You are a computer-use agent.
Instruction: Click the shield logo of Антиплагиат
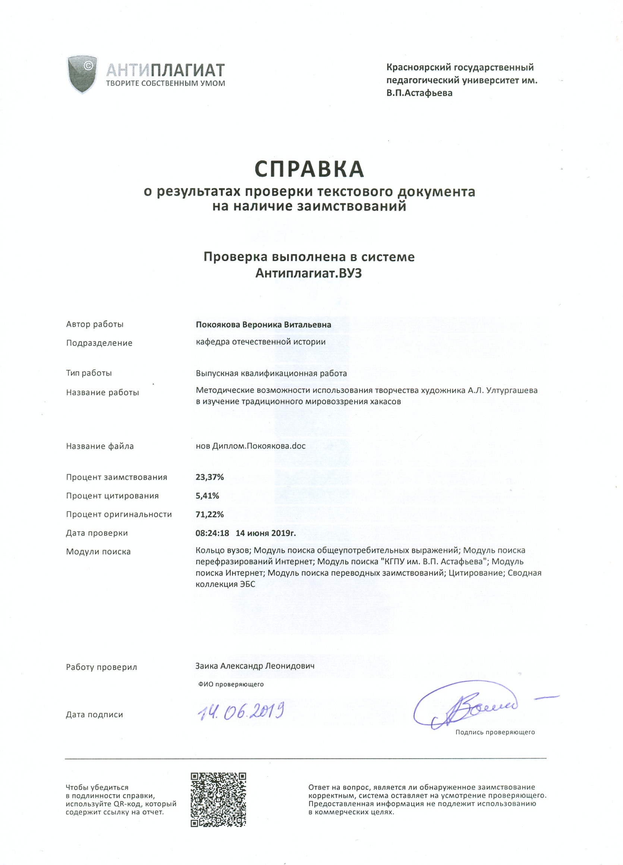82,74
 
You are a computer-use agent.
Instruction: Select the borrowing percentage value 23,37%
210,477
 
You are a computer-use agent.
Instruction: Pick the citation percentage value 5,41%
207,496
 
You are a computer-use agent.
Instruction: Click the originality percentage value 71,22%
210,514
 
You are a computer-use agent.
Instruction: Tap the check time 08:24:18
212,533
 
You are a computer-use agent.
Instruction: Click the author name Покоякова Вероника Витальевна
263,325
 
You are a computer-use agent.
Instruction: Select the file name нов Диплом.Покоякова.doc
250,446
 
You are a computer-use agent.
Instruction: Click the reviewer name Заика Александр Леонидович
255,665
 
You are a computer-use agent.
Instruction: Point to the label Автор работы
95,324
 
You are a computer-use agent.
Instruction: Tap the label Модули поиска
98,552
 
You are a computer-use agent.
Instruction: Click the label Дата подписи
94,714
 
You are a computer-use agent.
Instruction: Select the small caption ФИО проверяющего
231,684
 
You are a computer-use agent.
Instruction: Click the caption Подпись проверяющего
495,732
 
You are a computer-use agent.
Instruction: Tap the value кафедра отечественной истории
261,342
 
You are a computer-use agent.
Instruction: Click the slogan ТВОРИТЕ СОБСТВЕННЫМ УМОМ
166,83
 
